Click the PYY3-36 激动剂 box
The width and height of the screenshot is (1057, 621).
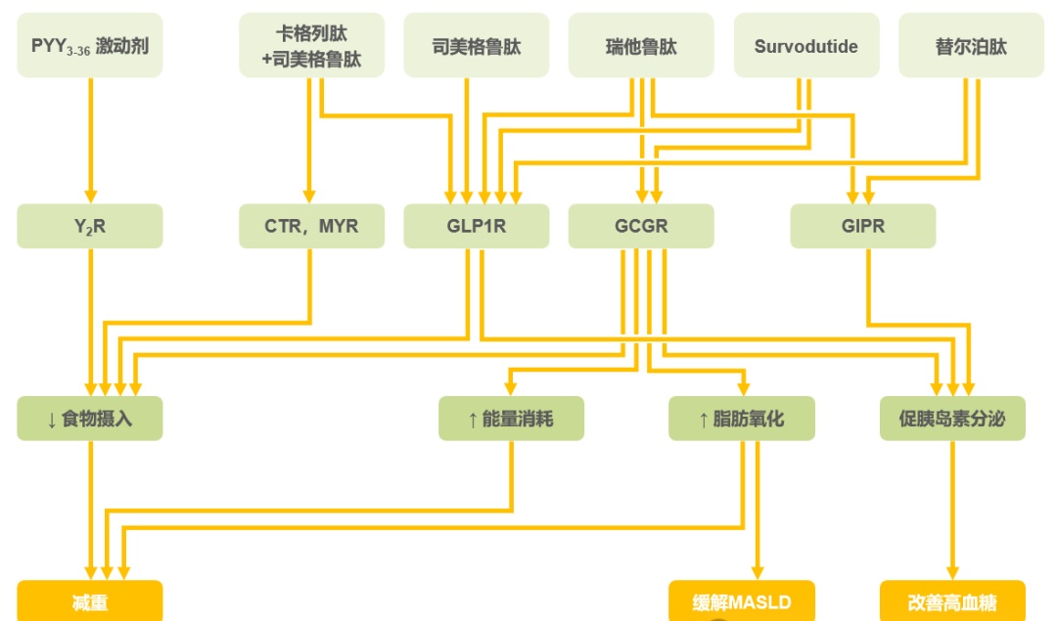click(x=90, y=45)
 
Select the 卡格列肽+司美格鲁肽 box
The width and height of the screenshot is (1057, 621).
click(x=311, y=45)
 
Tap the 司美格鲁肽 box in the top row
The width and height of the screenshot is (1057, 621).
click(x=477, y=45)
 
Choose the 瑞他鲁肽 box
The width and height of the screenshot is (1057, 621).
click(x=641, y=45)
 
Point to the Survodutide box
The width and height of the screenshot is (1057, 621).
click(x=805, y=45)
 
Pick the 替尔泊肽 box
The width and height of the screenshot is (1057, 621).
click(x=971, y=45)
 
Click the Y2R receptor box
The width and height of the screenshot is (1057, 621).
click(x=90, y=226)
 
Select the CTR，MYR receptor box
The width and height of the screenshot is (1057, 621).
click(x=311, y=226)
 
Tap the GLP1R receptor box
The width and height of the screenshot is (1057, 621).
click(x=477, y=226)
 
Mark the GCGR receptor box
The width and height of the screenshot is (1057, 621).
click(x=641, y=226)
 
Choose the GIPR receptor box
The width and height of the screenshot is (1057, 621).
click(x=862, y=226)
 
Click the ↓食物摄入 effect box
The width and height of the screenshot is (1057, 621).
click(x=90, y=419)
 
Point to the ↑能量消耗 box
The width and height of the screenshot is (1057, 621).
click(x=511, y=419)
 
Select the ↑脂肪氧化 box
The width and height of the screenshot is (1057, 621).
click(x=741, y=419)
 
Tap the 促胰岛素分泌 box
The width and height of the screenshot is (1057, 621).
click(x=952, y=419)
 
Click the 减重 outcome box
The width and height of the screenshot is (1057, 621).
click(x=90, y=601)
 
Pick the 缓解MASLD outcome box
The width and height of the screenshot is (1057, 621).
click(x=741, y=601)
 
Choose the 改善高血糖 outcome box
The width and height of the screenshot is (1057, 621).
click(x=952, y=601)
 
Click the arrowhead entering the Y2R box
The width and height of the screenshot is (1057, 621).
click(x=90, y=197)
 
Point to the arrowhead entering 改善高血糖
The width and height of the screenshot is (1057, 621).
click(x=952, y=573)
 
